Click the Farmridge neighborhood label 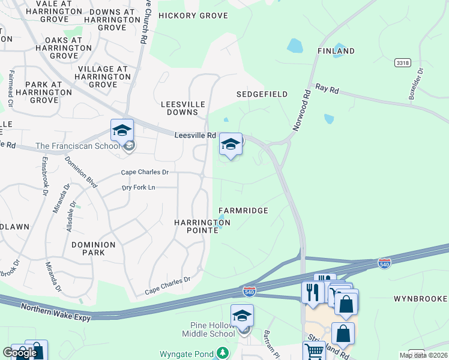243,211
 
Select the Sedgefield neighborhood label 262,94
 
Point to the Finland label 336,51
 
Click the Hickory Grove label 193,16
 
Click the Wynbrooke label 420,298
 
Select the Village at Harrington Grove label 103,77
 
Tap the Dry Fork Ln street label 139,187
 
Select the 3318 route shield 402,62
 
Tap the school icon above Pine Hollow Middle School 242,316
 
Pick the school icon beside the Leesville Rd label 231,144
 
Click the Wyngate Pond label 187,354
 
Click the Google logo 19,353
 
